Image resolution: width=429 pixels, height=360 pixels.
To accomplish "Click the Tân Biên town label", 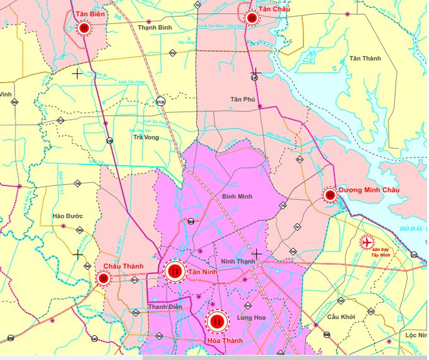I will pyautogui.click(x=89, y=14).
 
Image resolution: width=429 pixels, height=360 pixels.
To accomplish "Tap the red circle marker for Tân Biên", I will pyautogui.click(x=84, y=28).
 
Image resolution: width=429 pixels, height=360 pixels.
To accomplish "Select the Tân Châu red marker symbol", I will pyautogui.click(x=252, y=18).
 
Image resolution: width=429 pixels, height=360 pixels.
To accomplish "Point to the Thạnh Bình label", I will pyautogui.click(x=155, y=28).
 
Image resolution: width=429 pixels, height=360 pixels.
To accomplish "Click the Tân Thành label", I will pyautogui.click(x=365, y=59).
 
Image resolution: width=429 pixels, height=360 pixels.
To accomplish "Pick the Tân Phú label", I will pyautogui.click(x=242, y=100).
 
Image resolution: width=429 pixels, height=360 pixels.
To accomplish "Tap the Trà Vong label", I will pyautogui.click(x=146, y=137).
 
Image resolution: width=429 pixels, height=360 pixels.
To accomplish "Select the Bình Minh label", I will pyautogui.click(x=237, y=197).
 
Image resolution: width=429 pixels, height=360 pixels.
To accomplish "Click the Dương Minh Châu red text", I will pyautogui.click(x=369, y=190).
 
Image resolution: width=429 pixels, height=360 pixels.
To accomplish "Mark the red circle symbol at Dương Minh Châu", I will pyautogui.click(x=330, y=195).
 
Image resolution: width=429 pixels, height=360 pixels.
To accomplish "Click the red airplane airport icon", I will pyautogui.click(x=367, y=241).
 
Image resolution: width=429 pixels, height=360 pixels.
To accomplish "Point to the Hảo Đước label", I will pyautogui.click(x=68, y=216).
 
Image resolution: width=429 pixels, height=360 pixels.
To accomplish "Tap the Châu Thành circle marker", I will pyautogui.click(x=103, y=278).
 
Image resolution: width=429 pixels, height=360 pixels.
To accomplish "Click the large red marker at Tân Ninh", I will pyautogui.click(x=174, y=272).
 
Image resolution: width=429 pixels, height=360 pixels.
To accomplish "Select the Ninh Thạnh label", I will pyautogui.click(x=238, y=261).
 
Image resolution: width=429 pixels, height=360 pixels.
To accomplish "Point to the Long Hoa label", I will pyautogui.click(x=252, y=318).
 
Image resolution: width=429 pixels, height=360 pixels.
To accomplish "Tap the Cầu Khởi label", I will pyautogui.click(x=341, y=316).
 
